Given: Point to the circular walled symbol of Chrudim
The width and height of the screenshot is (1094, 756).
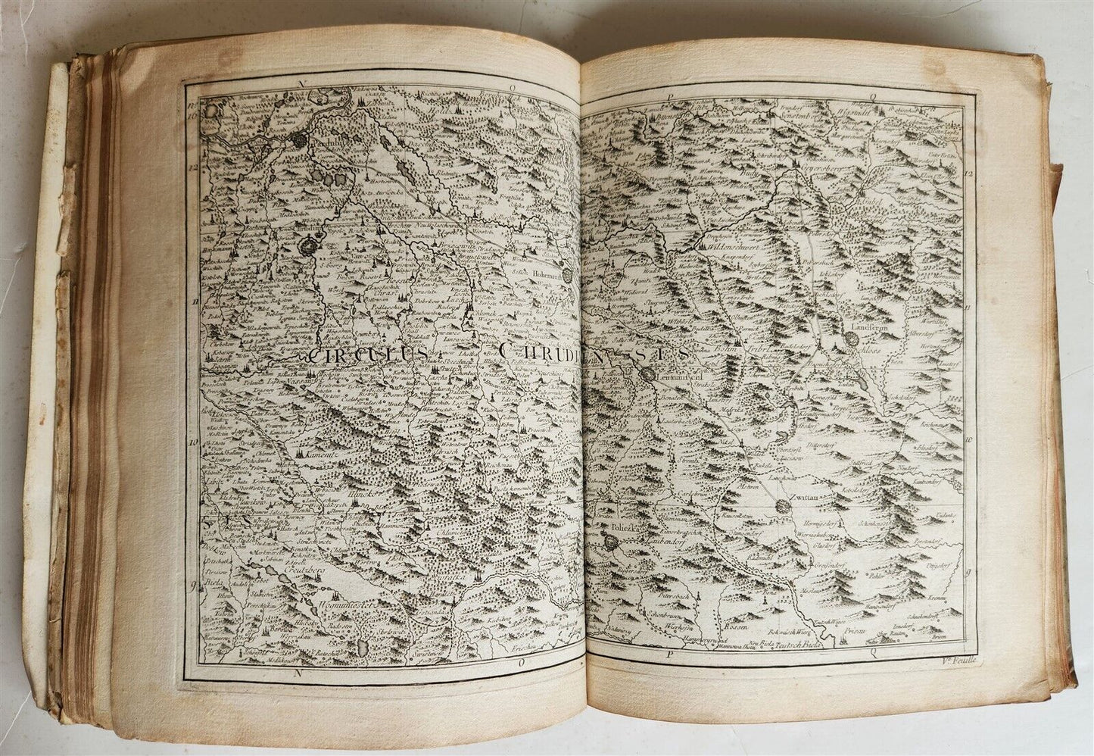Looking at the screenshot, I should [310, 247].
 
